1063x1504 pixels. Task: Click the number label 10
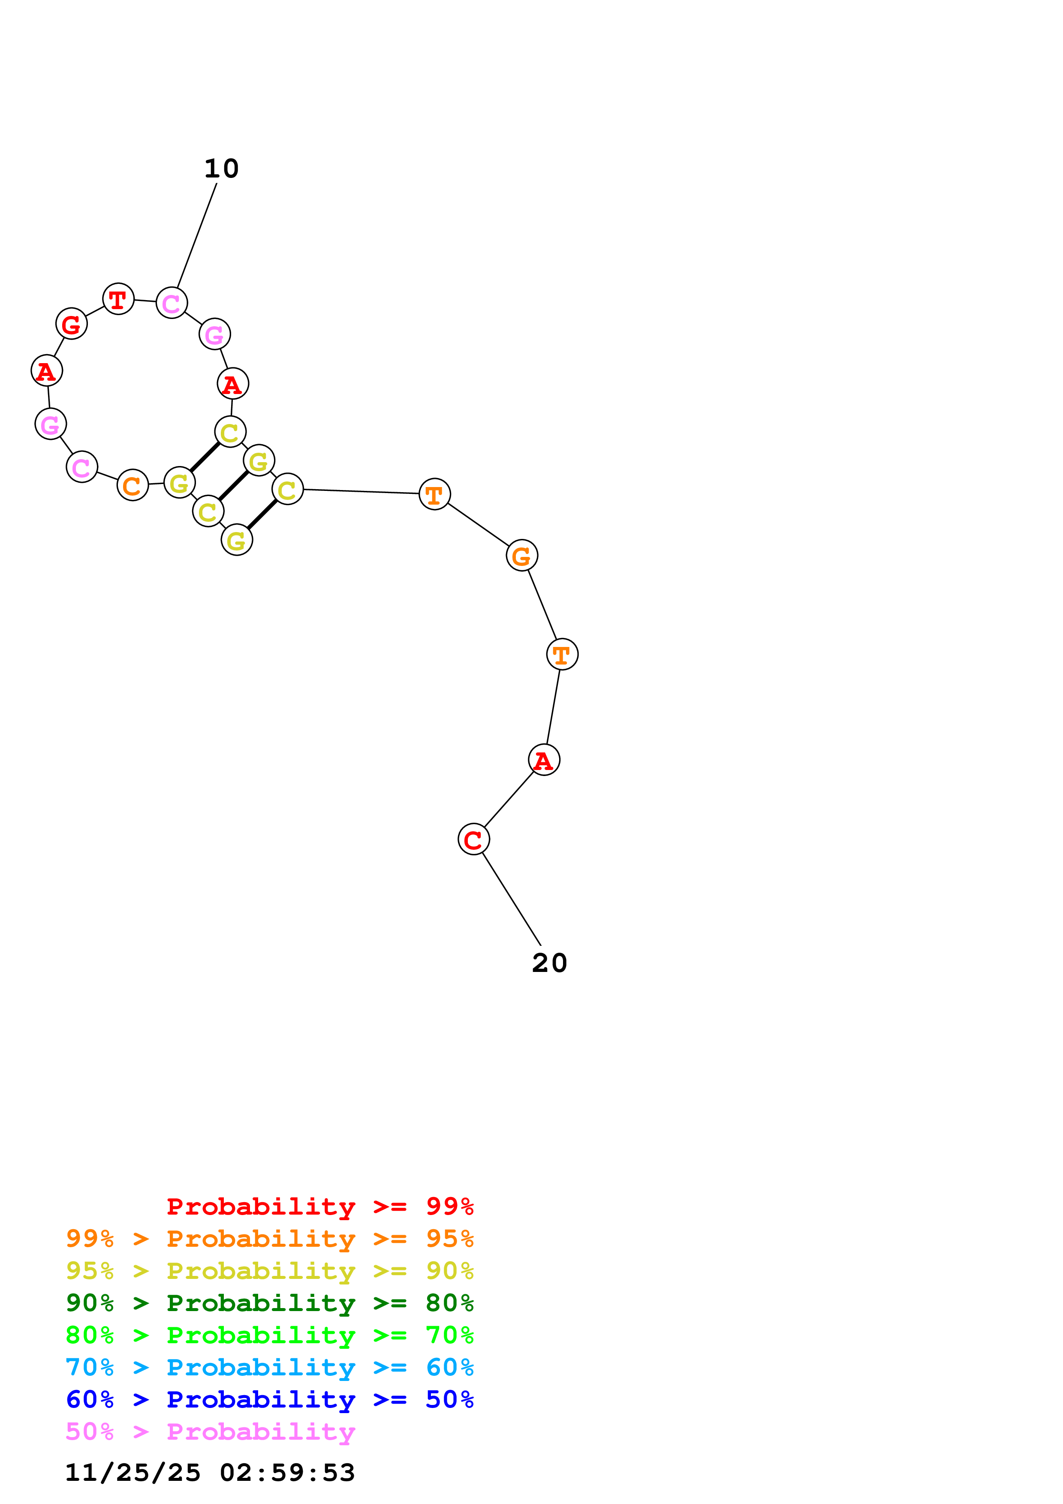pyautogui.click(x=221, y=169)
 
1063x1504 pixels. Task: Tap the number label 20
pyautogui.click(x=549, y=963)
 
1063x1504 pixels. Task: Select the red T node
pyautogui.click(x=118, y=299)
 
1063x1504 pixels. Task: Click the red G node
pyautogui.click(x=71, y=324)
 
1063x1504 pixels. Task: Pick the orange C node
pyautogui.click(x=133, y=485)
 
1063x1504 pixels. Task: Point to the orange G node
pyautogui.click(x=521, y=556)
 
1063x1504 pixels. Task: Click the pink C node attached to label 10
pyautogui.click(x=172, y=303)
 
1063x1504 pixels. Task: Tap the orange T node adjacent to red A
pyautogui.click(x=562, y=654)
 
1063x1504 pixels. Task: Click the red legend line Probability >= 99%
pyautogui.click(x=319, y=1206)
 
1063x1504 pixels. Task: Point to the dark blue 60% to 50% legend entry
pyautogui.click(x=269, y=1399)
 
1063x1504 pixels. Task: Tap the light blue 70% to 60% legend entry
pyautogui.click(x=269, y=1367)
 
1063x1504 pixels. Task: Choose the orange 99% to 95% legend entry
pyautogui.click(x=269, y=1238)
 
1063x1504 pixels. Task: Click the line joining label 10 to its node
pyautogui.click(x=196, y=236)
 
